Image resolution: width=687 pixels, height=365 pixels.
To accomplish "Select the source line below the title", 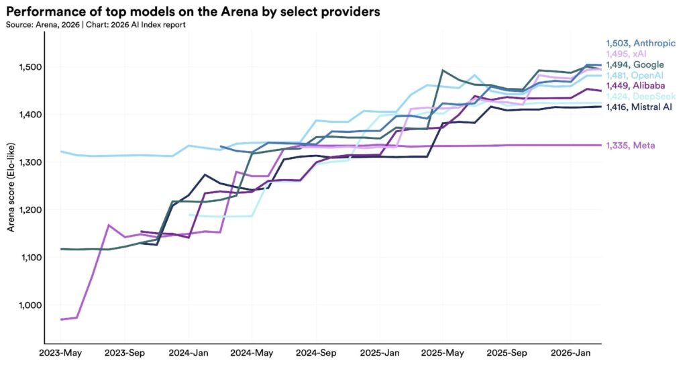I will tap(95, 24).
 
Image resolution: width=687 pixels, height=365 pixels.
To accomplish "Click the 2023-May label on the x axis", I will tap(61, 352).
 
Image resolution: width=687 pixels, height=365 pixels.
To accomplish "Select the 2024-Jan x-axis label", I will tap(189, 352).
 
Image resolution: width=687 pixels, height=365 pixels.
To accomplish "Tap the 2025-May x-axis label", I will tap(443, 352).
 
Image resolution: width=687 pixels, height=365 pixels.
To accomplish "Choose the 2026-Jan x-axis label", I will tap(571, 352).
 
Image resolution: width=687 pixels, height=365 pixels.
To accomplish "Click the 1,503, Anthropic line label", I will tap(640, 42).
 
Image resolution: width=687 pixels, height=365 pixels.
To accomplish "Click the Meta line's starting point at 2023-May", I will tap(61, 319).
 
